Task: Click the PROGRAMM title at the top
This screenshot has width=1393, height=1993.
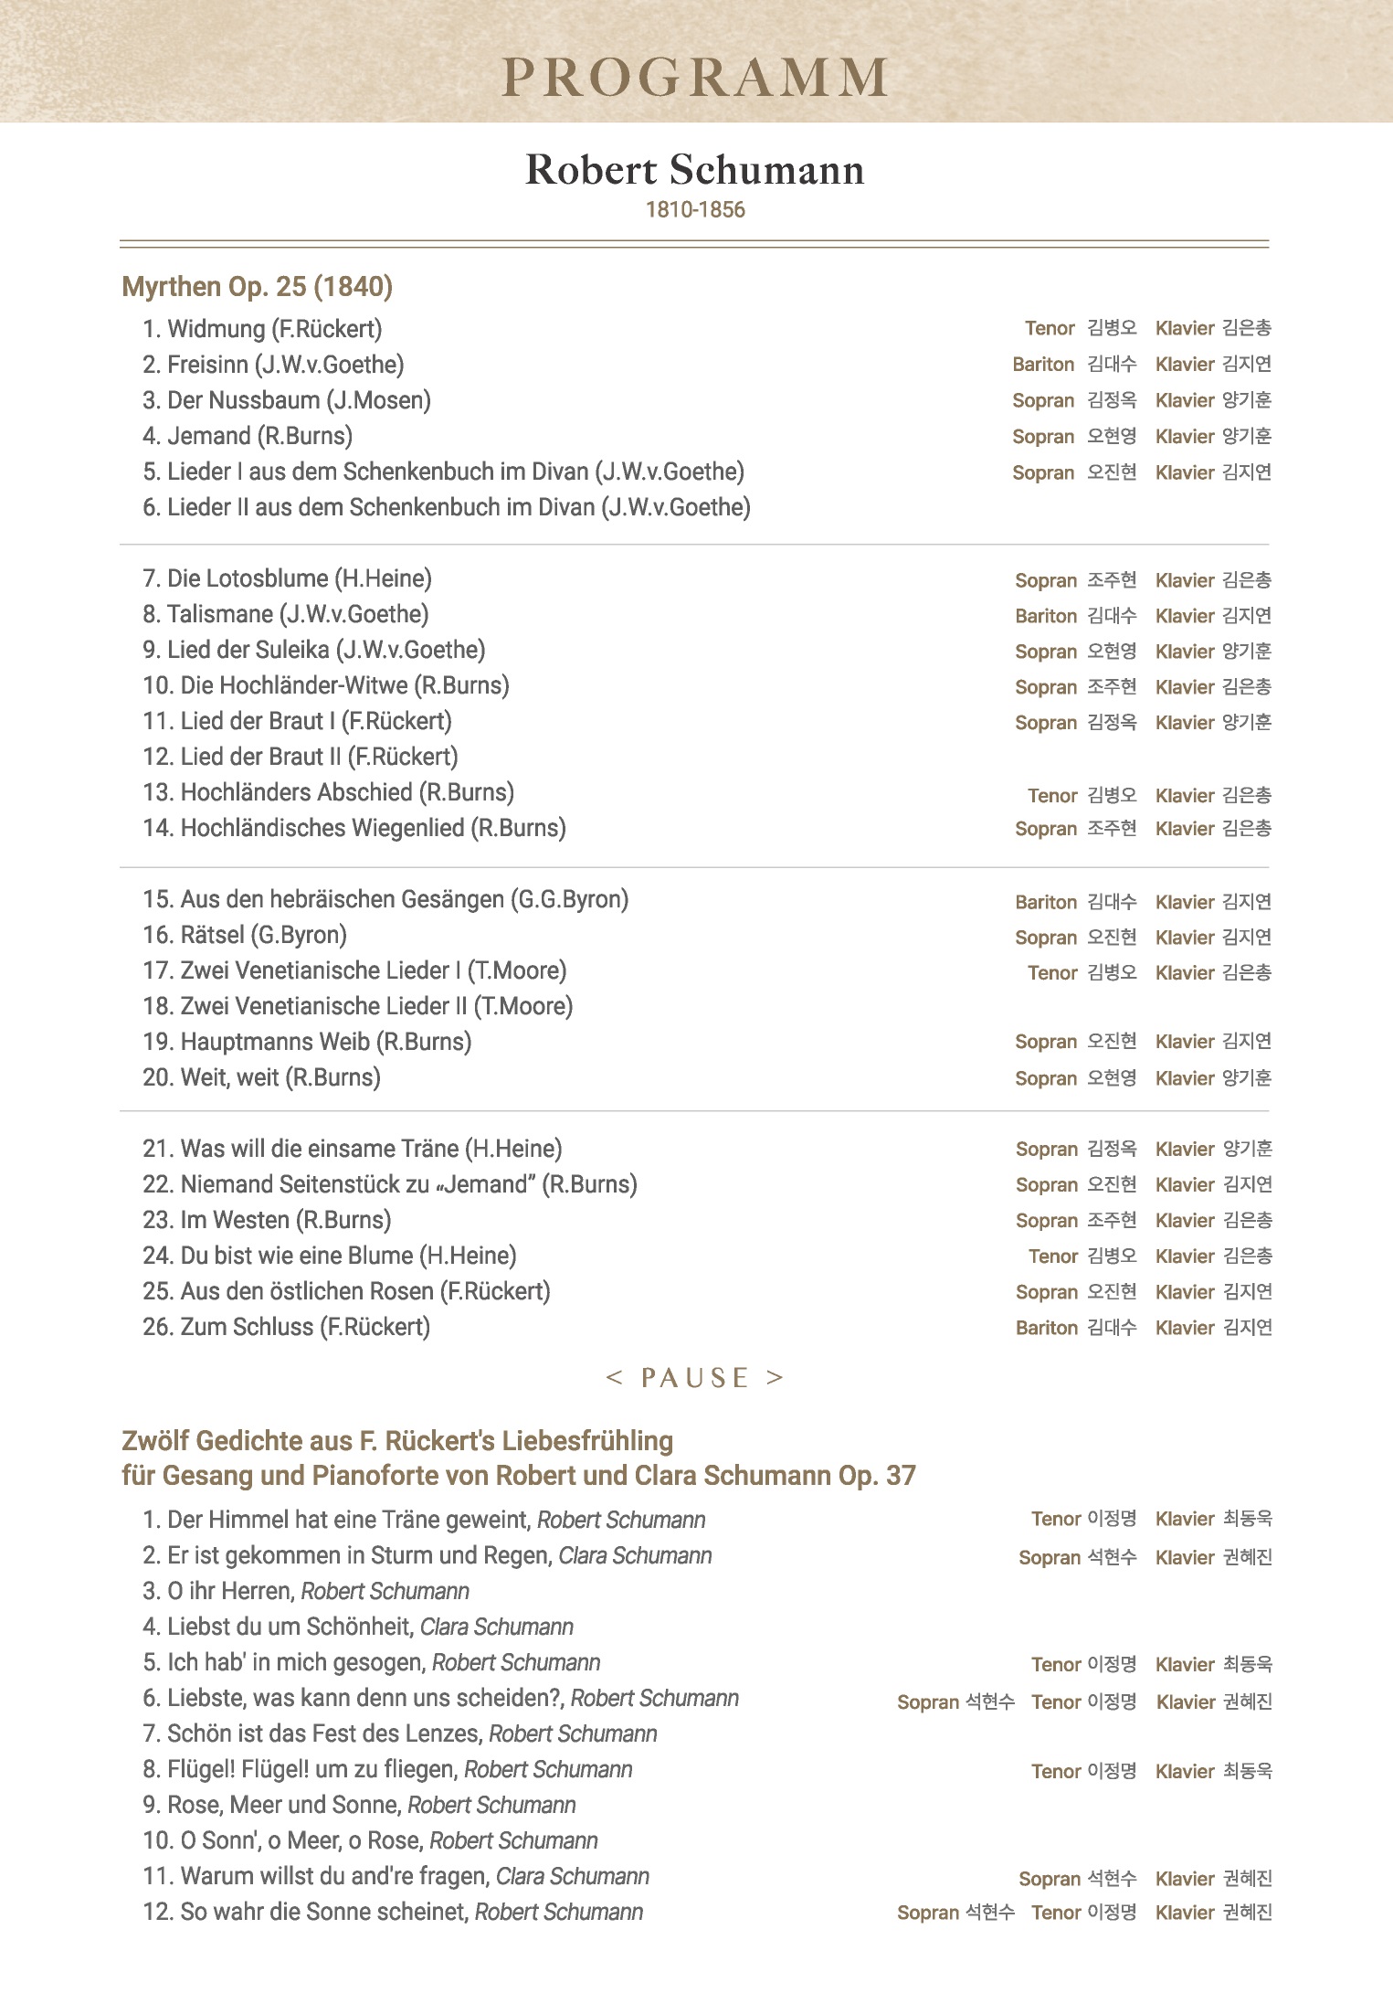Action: coord(695,78)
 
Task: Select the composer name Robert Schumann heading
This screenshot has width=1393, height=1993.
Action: coord(695,170)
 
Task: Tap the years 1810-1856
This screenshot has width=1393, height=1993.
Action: coord(695,210)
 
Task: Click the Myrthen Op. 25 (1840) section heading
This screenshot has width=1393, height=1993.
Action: coord(258,287)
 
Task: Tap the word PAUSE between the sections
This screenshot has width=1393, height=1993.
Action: coord(695,1378)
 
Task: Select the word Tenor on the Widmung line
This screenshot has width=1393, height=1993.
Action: coord(1050,329)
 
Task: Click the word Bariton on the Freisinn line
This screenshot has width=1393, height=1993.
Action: coord(1043,365)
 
